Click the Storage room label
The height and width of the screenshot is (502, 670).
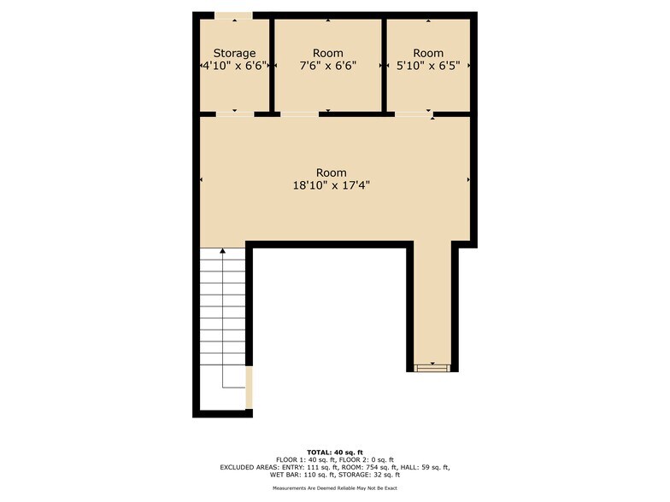[x=234, y=53]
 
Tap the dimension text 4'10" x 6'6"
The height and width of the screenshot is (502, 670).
[x=234, y=65]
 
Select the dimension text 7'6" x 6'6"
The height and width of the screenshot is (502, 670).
[x=328, y=65]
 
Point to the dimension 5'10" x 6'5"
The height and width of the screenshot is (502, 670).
[x=428, y=65]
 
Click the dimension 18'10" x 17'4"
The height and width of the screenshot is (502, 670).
[x=332, y=184]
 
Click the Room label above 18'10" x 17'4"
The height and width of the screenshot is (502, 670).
[x=332, y=172]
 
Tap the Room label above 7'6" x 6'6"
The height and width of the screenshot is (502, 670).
[x=328, y=53]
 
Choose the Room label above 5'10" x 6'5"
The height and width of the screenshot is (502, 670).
[x=428, y=53]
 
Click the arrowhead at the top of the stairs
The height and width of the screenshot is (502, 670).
[x=223, y=252]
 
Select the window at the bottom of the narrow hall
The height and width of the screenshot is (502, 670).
[x=432, y=367]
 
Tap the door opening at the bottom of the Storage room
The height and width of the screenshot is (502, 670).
[x=234, y=113]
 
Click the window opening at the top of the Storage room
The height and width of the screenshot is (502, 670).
[x=232, y=15]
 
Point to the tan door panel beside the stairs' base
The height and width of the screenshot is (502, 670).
[x=249, y=388]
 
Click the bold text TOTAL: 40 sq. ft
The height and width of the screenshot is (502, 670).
[x=335, y=452]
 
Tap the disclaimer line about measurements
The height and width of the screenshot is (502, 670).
[x=335, y=488]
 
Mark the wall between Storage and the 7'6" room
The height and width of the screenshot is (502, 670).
[x=272, y=64]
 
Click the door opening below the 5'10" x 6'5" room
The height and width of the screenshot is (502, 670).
[x=414, y=113]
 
